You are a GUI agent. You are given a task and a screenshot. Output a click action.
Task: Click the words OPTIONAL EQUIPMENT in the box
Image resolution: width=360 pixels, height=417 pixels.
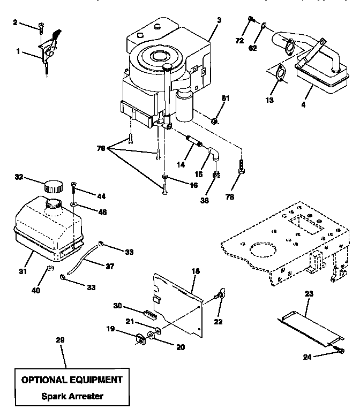[71, 380]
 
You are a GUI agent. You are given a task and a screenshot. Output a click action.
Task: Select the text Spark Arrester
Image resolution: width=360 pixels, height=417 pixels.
[71, 397]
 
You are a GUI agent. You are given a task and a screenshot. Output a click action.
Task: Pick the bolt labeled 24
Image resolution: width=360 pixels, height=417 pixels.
[339, 351]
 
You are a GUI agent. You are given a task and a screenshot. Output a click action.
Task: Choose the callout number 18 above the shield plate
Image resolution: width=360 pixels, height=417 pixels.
[196, 272]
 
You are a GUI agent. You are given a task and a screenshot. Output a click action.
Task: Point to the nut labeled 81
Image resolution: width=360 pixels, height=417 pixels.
[214, 120]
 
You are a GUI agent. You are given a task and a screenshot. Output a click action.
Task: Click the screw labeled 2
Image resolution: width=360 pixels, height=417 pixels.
[41, 27]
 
